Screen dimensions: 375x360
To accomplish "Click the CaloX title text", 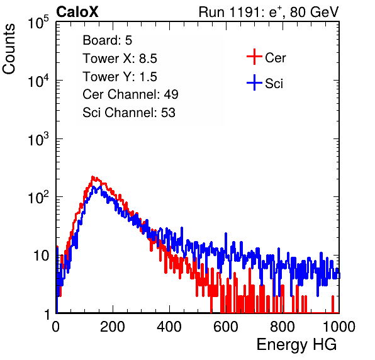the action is (x=77, y=12).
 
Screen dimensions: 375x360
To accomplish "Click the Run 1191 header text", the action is (x=269, y=12).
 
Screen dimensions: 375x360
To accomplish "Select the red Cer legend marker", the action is (x=254, y=57).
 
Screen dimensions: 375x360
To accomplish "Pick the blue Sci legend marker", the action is (x=254, y=82).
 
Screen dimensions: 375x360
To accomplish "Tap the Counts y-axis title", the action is (x=9, y=49).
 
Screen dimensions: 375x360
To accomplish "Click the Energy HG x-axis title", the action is (x=296, y=345).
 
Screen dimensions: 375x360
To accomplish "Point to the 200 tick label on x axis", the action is (x=113, y=327).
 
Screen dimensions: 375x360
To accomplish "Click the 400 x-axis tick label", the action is (x=169, y=327).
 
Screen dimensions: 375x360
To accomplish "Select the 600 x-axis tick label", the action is (x=226, y=327).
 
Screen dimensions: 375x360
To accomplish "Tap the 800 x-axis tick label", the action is (x=283, y=327).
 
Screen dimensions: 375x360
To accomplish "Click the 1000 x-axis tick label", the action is (x=339, y=327).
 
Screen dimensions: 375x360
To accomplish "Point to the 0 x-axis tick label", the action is (x=56, y=327).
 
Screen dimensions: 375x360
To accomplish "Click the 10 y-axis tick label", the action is (x=42, y=256).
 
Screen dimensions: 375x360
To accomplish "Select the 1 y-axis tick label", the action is (x=47, y=315).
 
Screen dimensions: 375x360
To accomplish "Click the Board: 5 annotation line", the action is (x=108, y=40).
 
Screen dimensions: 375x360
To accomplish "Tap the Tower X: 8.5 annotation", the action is (x=120, y=59).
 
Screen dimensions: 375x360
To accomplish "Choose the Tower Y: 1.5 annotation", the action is (x=120, y=77).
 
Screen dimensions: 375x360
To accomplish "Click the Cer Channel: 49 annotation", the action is (x=131, y=94).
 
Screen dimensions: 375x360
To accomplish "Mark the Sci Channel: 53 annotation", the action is (x=129, y=113).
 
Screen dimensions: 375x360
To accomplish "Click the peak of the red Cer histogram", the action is (x=92, y=177).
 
